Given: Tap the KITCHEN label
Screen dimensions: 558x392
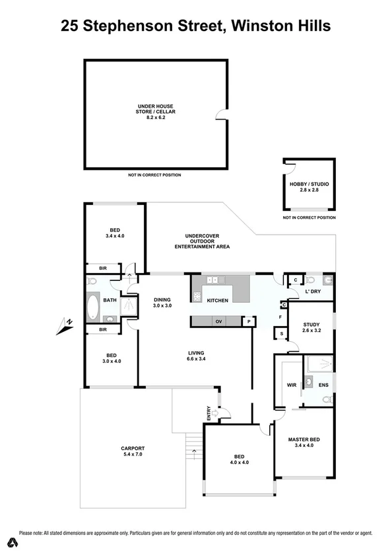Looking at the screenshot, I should pyautogui.click(x=217, y=301).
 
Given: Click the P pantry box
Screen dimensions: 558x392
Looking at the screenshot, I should pyautogui.click(x=249, y=321).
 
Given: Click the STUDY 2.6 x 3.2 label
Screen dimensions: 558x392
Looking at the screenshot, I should pyautogui.click(x=311, y=328).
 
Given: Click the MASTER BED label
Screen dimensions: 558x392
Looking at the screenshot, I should pyautogui.click(x=304, y=442).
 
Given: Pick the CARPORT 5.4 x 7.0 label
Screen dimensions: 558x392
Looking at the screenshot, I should pyautogui.click(x=132, y=451).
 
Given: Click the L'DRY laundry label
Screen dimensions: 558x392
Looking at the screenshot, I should pyautogui.click(x=312, y=292).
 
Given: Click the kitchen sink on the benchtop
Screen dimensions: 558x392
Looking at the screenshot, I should pyautogui.click(x=213, y=280).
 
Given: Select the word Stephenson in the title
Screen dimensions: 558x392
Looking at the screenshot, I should pyautogui.click(x=137, y=26).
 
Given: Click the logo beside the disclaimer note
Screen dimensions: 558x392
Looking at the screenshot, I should pyautogui.click(x=10, y=543).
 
